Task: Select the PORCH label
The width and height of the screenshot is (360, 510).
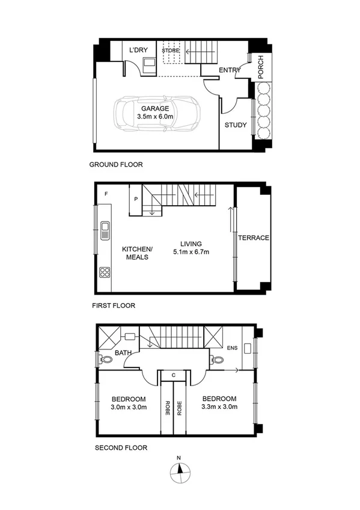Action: click(261, 69)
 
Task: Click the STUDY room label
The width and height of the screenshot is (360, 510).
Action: click(235, 125)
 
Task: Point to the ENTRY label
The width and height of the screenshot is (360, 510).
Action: click(230, 70)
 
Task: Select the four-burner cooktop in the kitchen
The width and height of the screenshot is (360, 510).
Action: click(105, 272)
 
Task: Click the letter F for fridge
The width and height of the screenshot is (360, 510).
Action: click(106, 194)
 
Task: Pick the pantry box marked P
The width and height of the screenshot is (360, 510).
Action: click(136, 199)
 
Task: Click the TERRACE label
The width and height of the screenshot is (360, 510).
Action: click(253, 238)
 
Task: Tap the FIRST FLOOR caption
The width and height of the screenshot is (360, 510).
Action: click(114, 306)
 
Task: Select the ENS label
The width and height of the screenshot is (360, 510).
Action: click(232, 347)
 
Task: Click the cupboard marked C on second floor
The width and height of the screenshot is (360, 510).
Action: click(174, 375)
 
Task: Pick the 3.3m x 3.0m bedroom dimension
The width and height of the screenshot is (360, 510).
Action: click(219, 407)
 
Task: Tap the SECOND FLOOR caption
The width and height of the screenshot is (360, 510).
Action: click(121, 447)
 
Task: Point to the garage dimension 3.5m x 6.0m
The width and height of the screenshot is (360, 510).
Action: click(155, 116)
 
